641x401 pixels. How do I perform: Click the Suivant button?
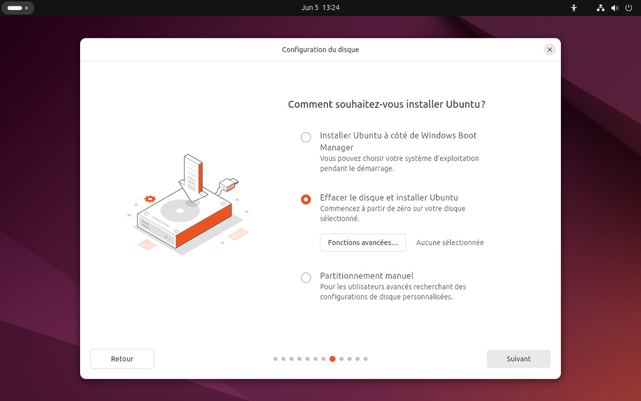point(518,359)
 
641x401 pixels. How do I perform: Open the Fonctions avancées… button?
point(362,242)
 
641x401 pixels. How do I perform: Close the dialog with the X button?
point(550,49)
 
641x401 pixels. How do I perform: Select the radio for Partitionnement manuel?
point(305,278)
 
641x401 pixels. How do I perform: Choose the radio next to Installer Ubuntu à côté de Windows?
point(305,137)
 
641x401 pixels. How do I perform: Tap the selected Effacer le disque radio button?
point(305,199)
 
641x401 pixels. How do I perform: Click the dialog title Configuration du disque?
point(320,49)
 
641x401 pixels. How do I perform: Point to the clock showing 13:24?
point(331,8)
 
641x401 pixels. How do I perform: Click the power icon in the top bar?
point(628,8)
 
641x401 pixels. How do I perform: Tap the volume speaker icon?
point(615,8)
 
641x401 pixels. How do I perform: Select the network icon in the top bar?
point(600,8)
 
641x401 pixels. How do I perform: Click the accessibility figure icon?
point(574,8)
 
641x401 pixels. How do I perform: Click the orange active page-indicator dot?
point(332,359)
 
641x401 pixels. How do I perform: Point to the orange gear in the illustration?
point(150,199)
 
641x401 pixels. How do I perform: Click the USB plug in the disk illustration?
point(229,184)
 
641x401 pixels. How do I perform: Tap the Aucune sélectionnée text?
point(449,242)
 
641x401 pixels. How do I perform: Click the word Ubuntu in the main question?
point(463,105)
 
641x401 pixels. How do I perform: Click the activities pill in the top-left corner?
point(18,8)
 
